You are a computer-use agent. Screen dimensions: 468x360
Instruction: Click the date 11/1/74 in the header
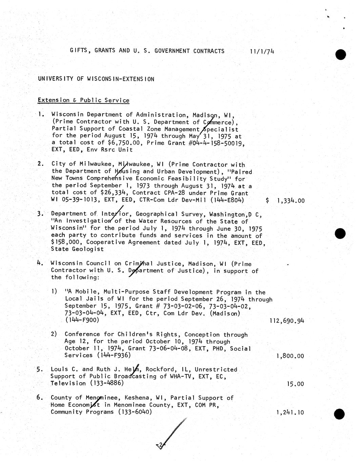tap(262, 52)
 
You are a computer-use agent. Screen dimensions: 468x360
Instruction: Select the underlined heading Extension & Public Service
tap(83, 100)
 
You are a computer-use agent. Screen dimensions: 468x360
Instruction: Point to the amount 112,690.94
tap(287, 320)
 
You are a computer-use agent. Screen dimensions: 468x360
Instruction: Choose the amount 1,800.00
tap(290, 356)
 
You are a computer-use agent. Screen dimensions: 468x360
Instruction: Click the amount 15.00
tap(295, 384)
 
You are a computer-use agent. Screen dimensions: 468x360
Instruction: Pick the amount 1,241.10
tap(290, 413)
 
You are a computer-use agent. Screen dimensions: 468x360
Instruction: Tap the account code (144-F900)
tap(82, 320)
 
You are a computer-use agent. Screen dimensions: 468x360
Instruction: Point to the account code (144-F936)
tap(114, 355)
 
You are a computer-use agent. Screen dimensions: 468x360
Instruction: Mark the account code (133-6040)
tap(135, 412)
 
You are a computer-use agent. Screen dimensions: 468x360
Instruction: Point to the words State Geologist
tap(77, 249)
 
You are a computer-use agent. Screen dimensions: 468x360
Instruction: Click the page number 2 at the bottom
tap(160, 445)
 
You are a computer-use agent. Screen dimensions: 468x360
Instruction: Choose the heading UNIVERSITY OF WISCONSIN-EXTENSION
tap(96, 79)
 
